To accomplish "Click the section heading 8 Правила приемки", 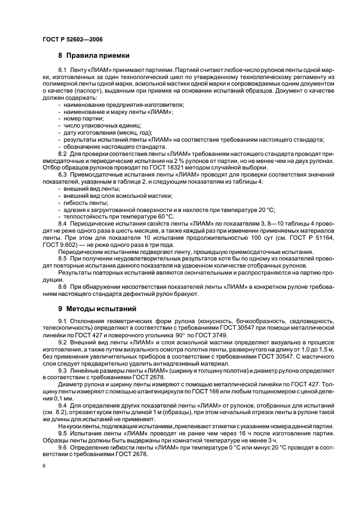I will click(94, 56).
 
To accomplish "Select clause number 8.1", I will click(62, 71).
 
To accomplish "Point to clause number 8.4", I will click(62, 223).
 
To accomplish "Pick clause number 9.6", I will click(62, 447).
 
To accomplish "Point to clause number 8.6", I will click(62, 286).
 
